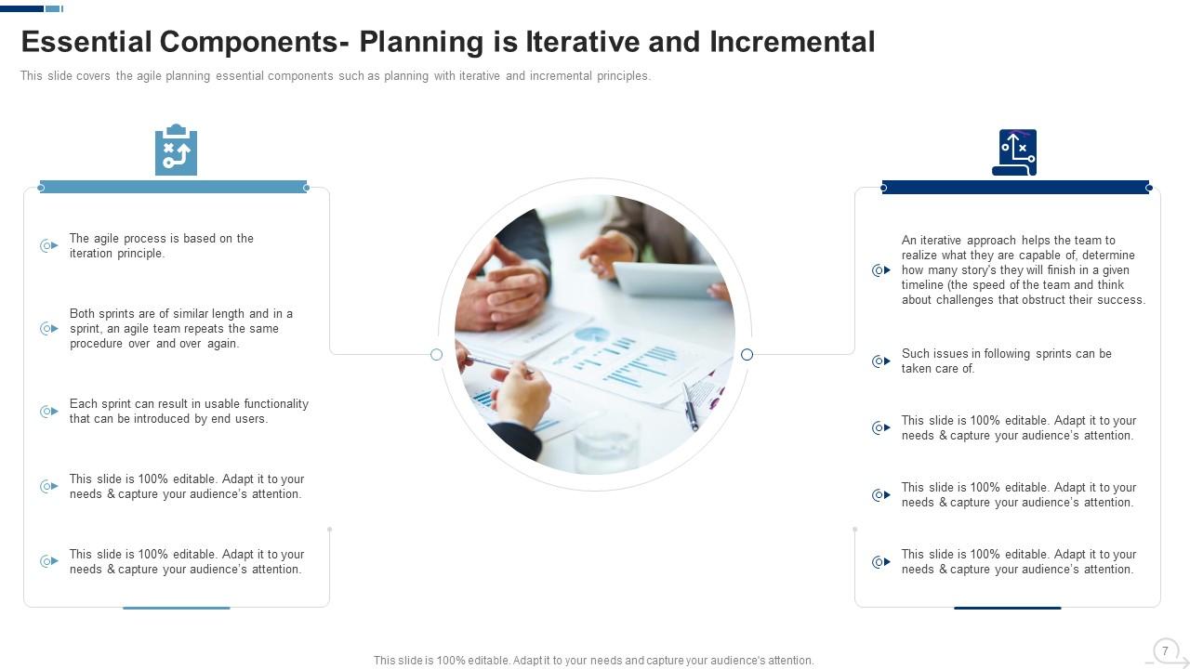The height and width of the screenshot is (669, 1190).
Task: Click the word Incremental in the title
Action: [792, 42]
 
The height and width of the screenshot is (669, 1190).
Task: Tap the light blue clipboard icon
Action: [176, 150]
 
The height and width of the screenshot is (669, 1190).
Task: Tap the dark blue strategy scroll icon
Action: [1014, 152]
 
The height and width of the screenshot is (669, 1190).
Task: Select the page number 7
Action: [1165, 650]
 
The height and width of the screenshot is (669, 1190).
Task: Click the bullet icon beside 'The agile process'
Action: [49, 246]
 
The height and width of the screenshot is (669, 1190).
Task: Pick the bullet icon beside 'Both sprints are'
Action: [49, 329]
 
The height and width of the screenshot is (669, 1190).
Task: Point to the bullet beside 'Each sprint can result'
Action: [49, 412]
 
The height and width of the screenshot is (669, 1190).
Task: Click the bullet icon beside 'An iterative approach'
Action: [880, 270]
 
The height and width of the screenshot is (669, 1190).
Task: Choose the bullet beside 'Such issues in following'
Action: [880, 361]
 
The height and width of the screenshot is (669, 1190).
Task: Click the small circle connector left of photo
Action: [436, 354]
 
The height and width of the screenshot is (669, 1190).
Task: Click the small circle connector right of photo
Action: [747, 354]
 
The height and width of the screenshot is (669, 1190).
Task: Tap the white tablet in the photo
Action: [668, 279]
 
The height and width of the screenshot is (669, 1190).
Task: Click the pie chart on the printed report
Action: [592, 334]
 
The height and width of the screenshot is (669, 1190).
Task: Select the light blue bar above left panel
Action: [174, 187]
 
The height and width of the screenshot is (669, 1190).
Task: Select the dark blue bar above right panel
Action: [1015, 188]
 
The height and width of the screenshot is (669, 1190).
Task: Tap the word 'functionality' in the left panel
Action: [276, 404]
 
